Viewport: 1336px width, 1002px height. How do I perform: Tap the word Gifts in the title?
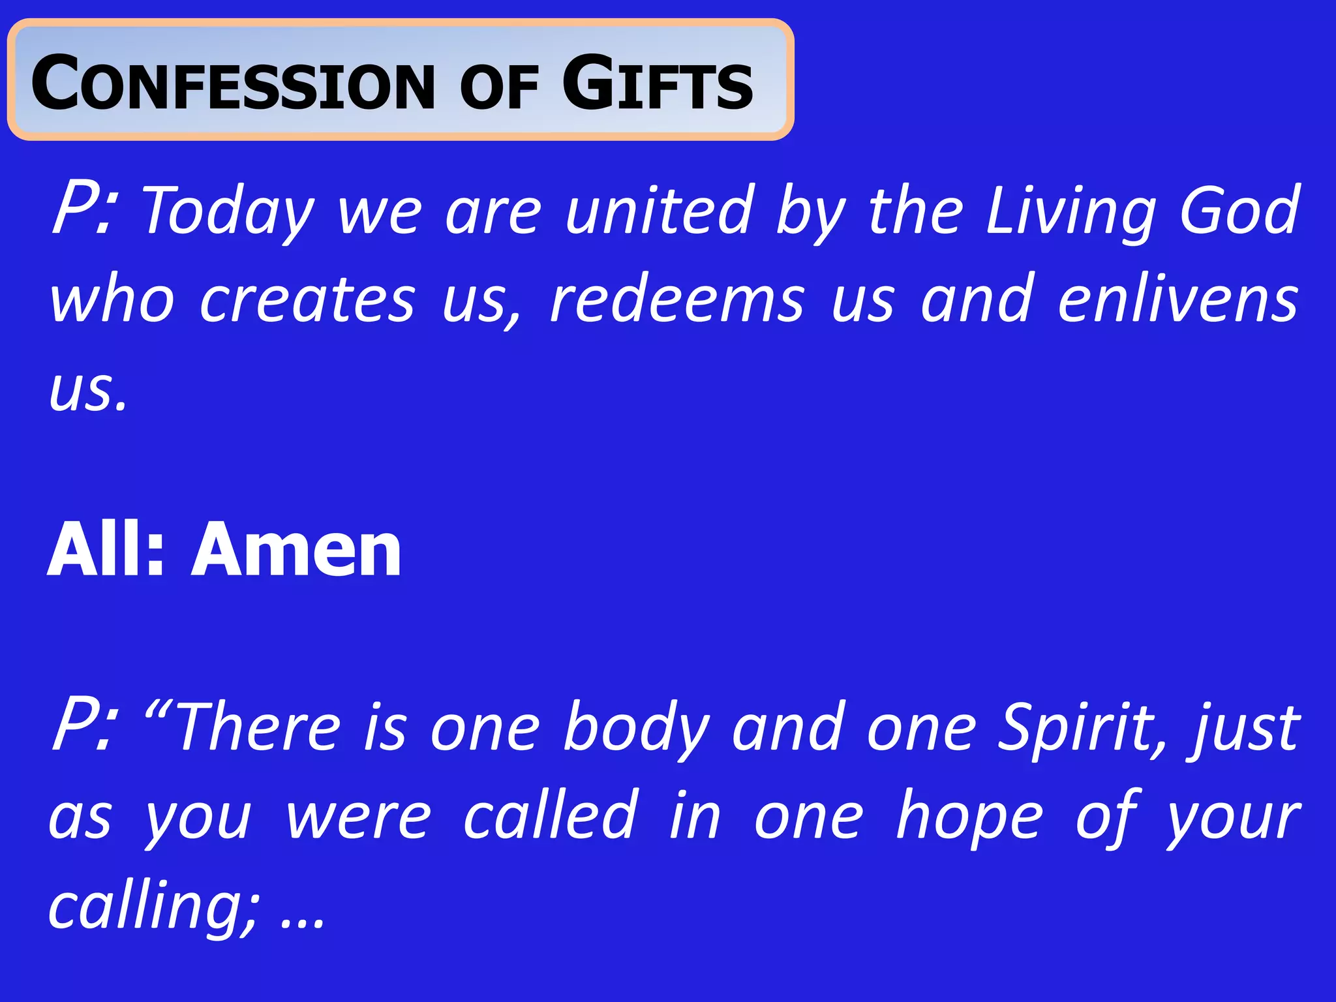[x=658, y=83]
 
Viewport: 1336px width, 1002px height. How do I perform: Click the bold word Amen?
[x=297, y=549]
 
